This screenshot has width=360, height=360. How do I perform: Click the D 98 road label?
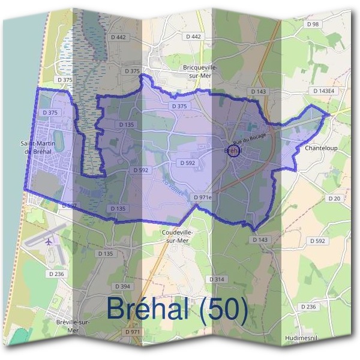coord(313,24)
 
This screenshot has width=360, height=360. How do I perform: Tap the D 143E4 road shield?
coord(323,91)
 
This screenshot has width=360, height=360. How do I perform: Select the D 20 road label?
coord(334,198)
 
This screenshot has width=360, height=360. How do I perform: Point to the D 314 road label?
coord(216,280)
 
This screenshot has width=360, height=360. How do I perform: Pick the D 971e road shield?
coord(203,197)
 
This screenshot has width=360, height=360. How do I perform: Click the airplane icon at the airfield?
coord(49,242)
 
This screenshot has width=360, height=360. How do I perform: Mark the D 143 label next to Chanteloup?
coord(259,91)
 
